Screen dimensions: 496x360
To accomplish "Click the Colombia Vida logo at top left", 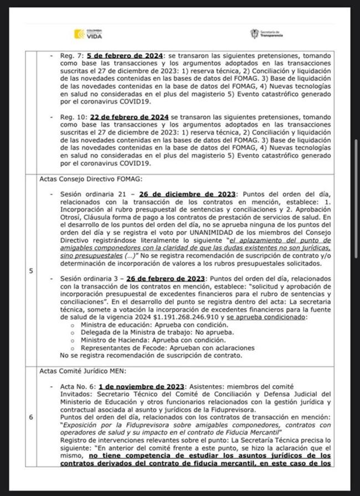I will coord(88,34).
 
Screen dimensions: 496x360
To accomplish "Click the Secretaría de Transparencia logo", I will coord(267,34).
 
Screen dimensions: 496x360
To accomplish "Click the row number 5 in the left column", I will coord(31,271).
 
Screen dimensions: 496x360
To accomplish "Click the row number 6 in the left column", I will coord(31,417).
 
